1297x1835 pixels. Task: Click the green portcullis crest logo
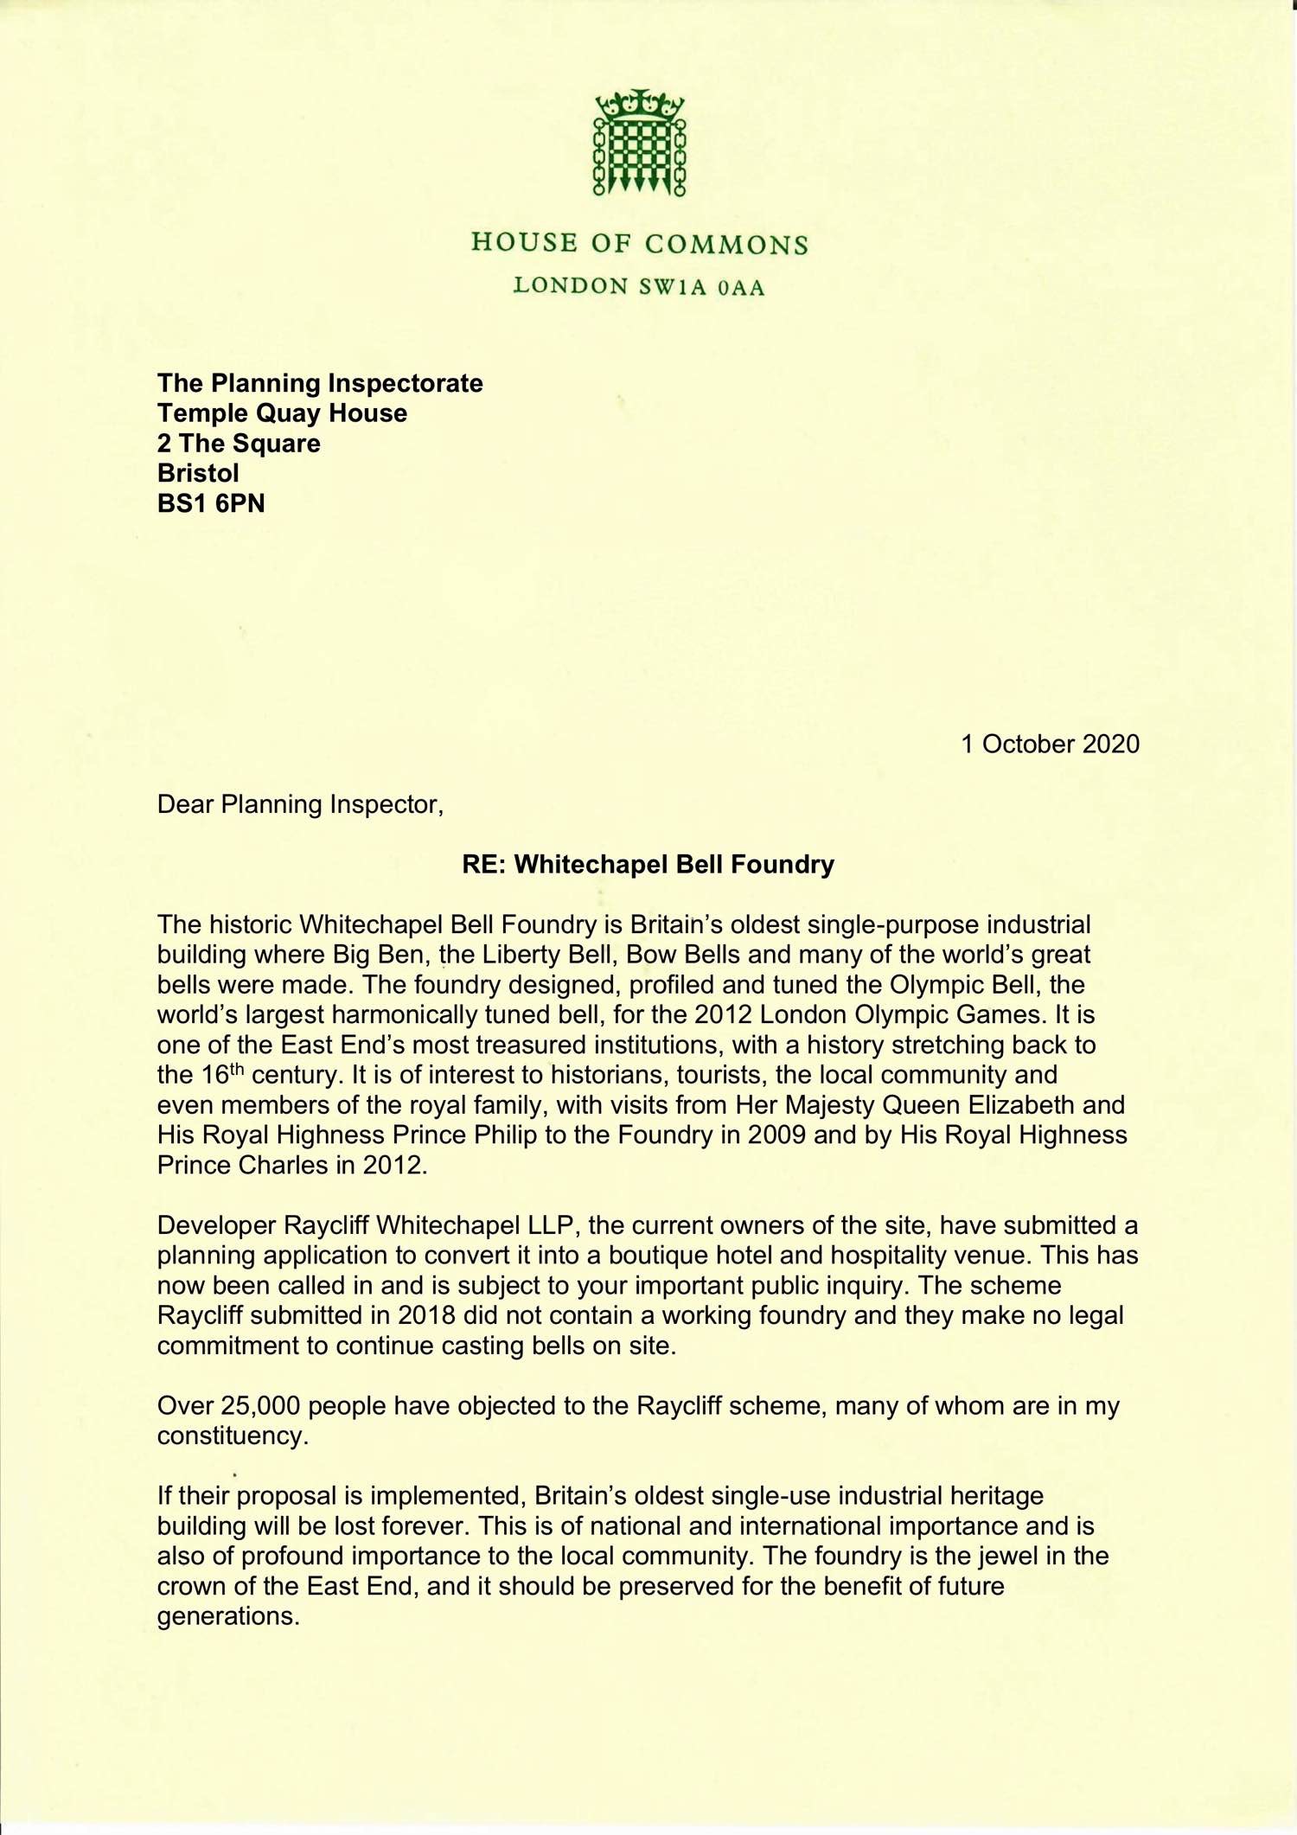(x=640, y=143)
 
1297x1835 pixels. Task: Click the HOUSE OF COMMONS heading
(x=640, y=243)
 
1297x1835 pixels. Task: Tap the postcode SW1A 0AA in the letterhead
(x=702, y=287)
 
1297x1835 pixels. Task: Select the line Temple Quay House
(x=282, y=413)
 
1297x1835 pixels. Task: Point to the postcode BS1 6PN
(x=211, y=503)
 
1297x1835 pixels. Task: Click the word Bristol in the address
(x=198, y=473)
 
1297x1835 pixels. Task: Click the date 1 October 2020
(x=1050, y=744)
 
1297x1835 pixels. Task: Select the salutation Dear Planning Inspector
(x=300, y=804)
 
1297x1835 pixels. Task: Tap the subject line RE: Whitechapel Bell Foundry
(x=648, y=865)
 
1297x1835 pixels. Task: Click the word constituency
(x=233, y=1435)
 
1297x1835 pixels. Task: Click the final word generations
(x=228, y=1616)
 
